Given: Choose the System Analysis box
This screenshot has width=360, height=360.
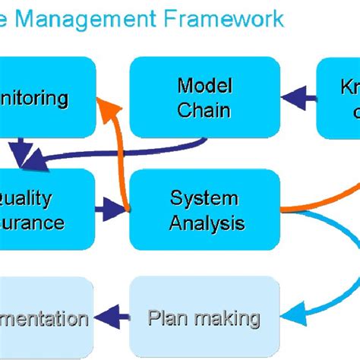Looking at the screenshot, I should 204,210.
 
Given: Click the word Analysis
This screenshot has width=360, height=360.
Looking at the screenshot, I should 207,223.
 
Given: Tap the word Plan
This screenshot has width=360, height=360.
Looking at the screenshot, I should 166,317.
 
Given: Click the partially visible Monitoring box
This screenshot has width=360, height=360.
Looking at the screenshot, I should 46,96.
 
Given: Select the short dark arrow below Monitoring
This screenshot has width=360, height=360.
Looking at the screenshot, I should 22,149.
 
